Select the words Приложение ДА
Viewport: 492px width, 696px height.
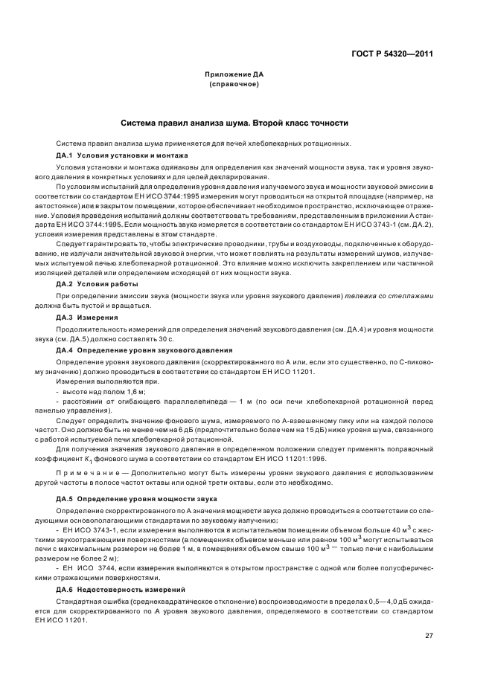tap(234, 75)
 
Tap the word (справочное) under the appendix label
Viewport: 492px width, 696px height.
tap(234, 84)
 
